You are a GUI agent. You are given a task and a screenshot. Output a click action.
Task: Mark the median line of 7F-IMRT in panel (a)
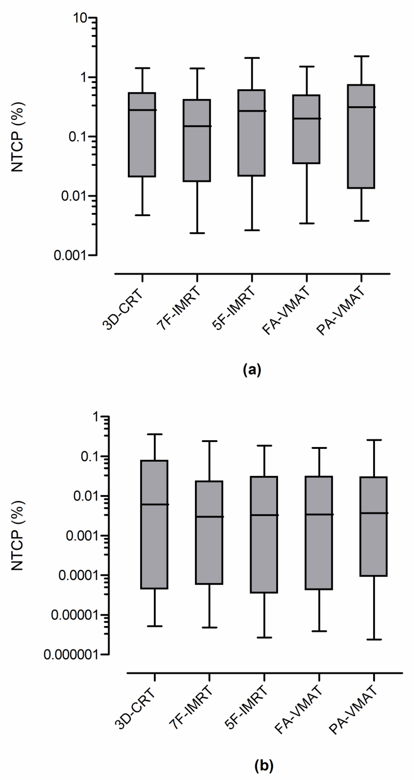coord(197,126)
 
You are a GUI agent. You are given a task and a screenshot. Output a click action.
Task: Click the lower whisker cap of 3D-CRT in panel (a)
coord(142,215)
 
